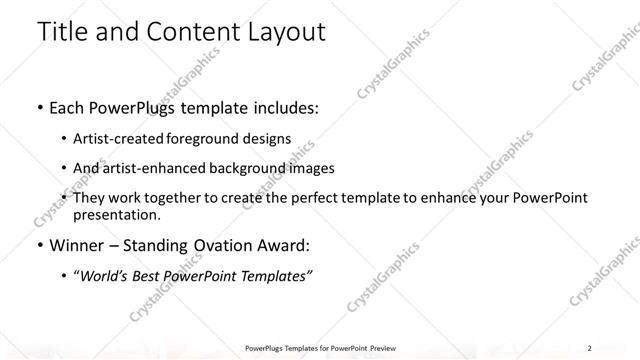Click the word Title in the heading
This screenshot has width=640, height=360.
[64, 32]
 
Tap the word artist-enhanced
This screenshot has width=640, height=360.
[154, 168]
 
